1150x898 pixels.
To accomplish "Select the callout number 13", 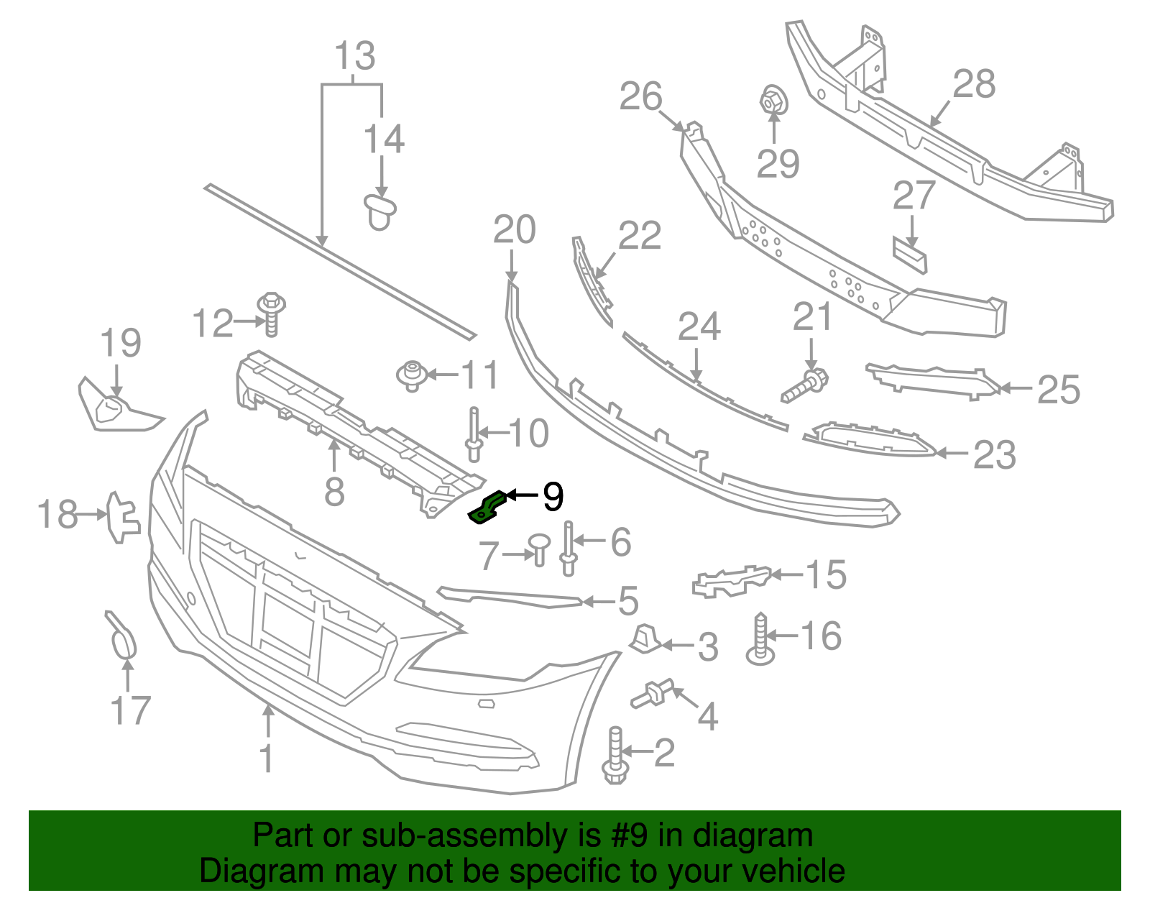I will (355, 56).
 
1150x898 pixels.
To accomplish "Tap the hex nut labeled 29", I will (773, 100).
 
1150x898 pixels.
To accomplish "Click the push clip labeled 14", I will (379, 211).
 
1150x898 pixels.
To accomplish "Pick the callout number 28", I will (974, 84).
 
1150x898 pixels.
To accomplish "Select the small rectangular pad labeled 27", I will (910, 255).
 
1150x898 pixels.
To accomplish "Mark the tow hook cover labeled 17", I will (122, 636).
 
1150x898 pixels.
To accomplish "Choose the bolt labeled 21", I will (806, 385).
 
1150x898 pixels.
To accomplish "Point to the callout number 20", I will (514, 230).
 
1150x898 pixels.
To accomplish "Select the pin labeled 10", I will (474, 434).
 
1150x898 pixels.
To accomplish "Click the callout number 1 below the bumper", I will (267, 759).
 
